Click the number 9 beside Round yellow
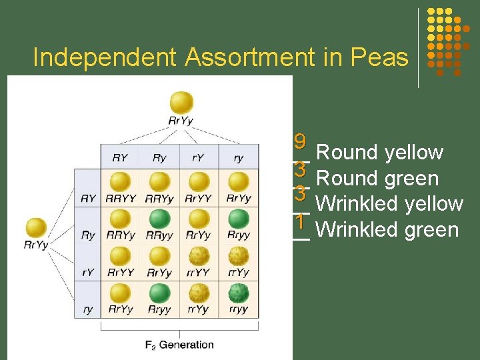(x=300, y=142)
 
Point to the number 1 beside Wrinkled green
(x=300, y=221)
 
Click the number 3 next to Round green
(x=300, y=169)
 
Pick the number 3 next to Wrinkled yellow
(x=300, y=194)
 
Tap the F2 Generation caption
(x=179, y=345)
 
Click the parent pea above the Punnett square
(x=181, y=103)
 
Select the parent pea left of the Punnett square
(x=36, y=227)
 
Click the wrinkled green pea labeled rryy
(x=238, y=293)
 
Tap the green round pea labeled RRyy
(x=159, y=219)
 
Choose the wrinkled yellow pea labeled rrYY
(x=199, y=256)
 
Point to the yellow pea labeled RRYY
(x=120, y=182)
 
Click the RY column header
(x=120, y=158)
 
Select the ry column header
(x=238, y=158)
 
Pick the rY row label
(x=87, y=272)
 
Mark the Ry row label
(x=87, y=235)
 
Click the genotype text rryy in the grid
(x=238, y=309)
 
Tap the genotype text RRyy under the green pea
(x=159, y=235)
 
